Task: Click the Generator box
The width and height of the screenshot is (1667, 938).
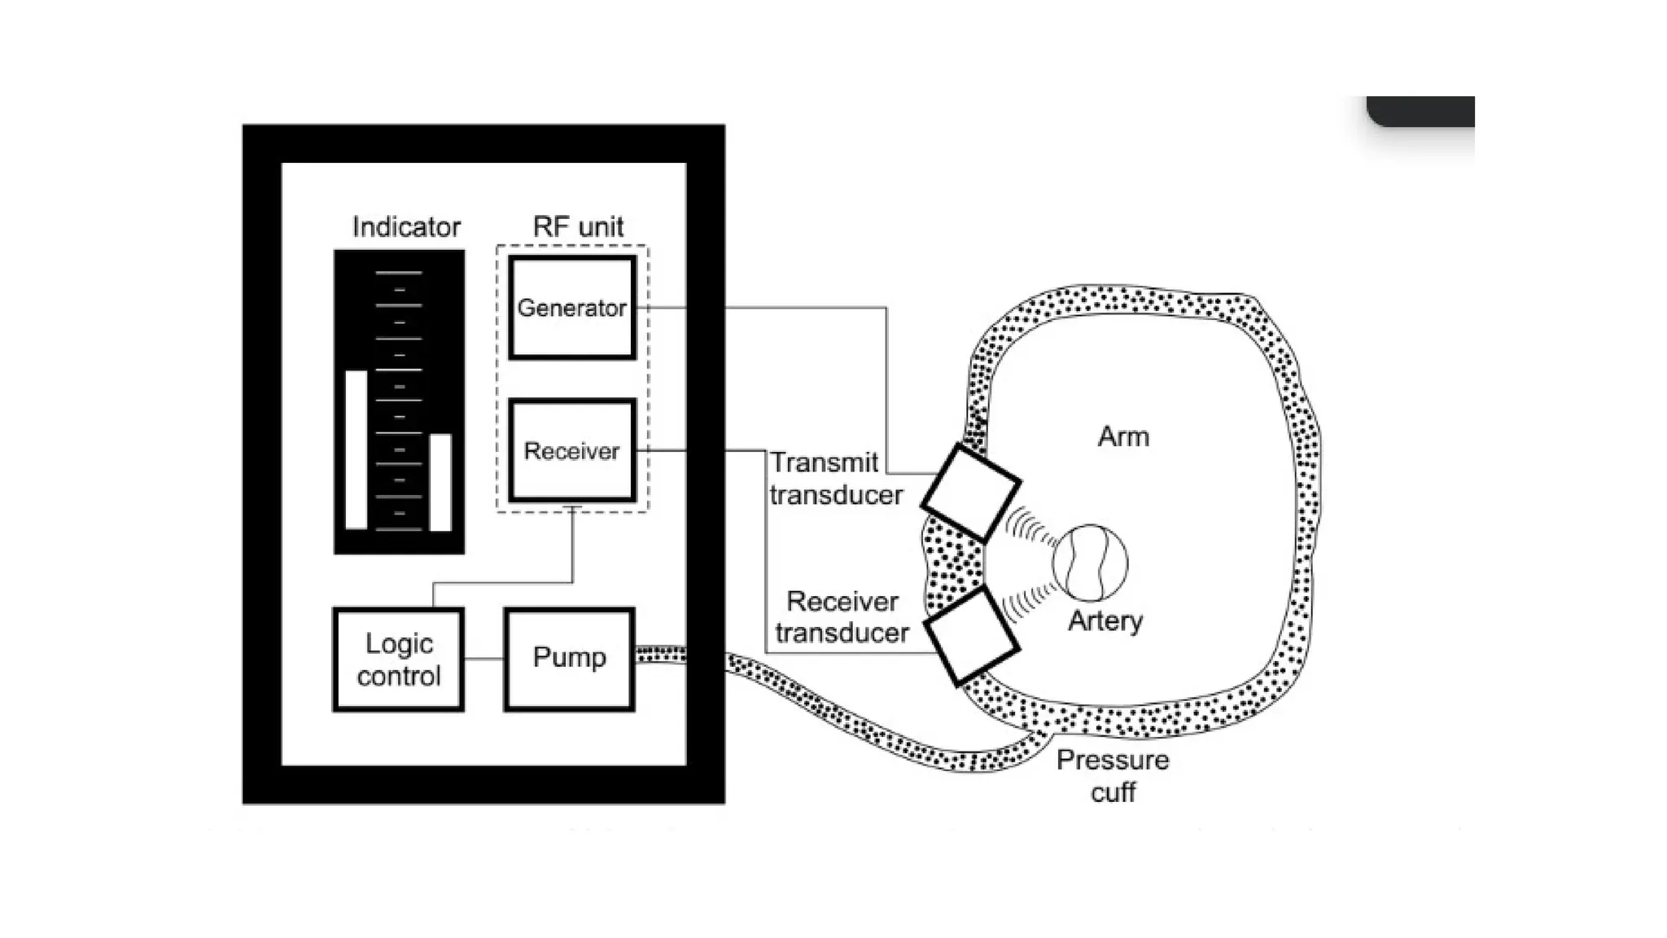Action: pos(571,308)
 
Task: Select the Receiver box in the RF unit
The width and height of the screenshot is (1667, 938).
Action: pos(571,450)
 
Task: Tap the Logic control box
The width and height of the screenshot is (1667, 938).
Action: pos(398,660)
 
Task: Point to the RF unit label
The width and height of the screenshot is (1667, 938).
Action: pos(578,226)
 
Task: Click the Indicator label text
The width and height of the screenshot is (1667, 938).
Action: pos(406,226)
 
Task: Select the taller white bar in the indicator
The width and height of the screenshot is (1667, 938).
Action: pos(356,449)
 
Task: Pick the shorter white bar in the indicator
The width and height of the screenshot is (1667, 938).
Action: pos(440,482)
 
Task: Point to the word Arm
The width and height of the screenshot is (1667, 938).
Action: pos(1123,436)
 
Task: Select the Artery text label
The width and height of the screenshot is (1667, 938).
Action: pos(1105,620)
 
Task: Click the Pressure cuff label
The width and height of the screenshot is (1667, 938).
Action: pos(1113,775)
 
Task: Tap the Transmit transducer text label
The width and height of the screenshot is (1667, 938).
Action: pos(836,478)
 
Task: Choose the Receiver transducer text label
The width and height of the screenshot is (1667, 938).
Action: pos(842,616)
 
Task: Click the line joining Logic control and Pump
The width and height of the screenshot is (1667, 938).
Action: pos(483,659)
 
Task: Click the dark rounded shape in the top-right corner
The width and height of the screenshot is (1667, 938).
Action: pos(1421,111)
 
